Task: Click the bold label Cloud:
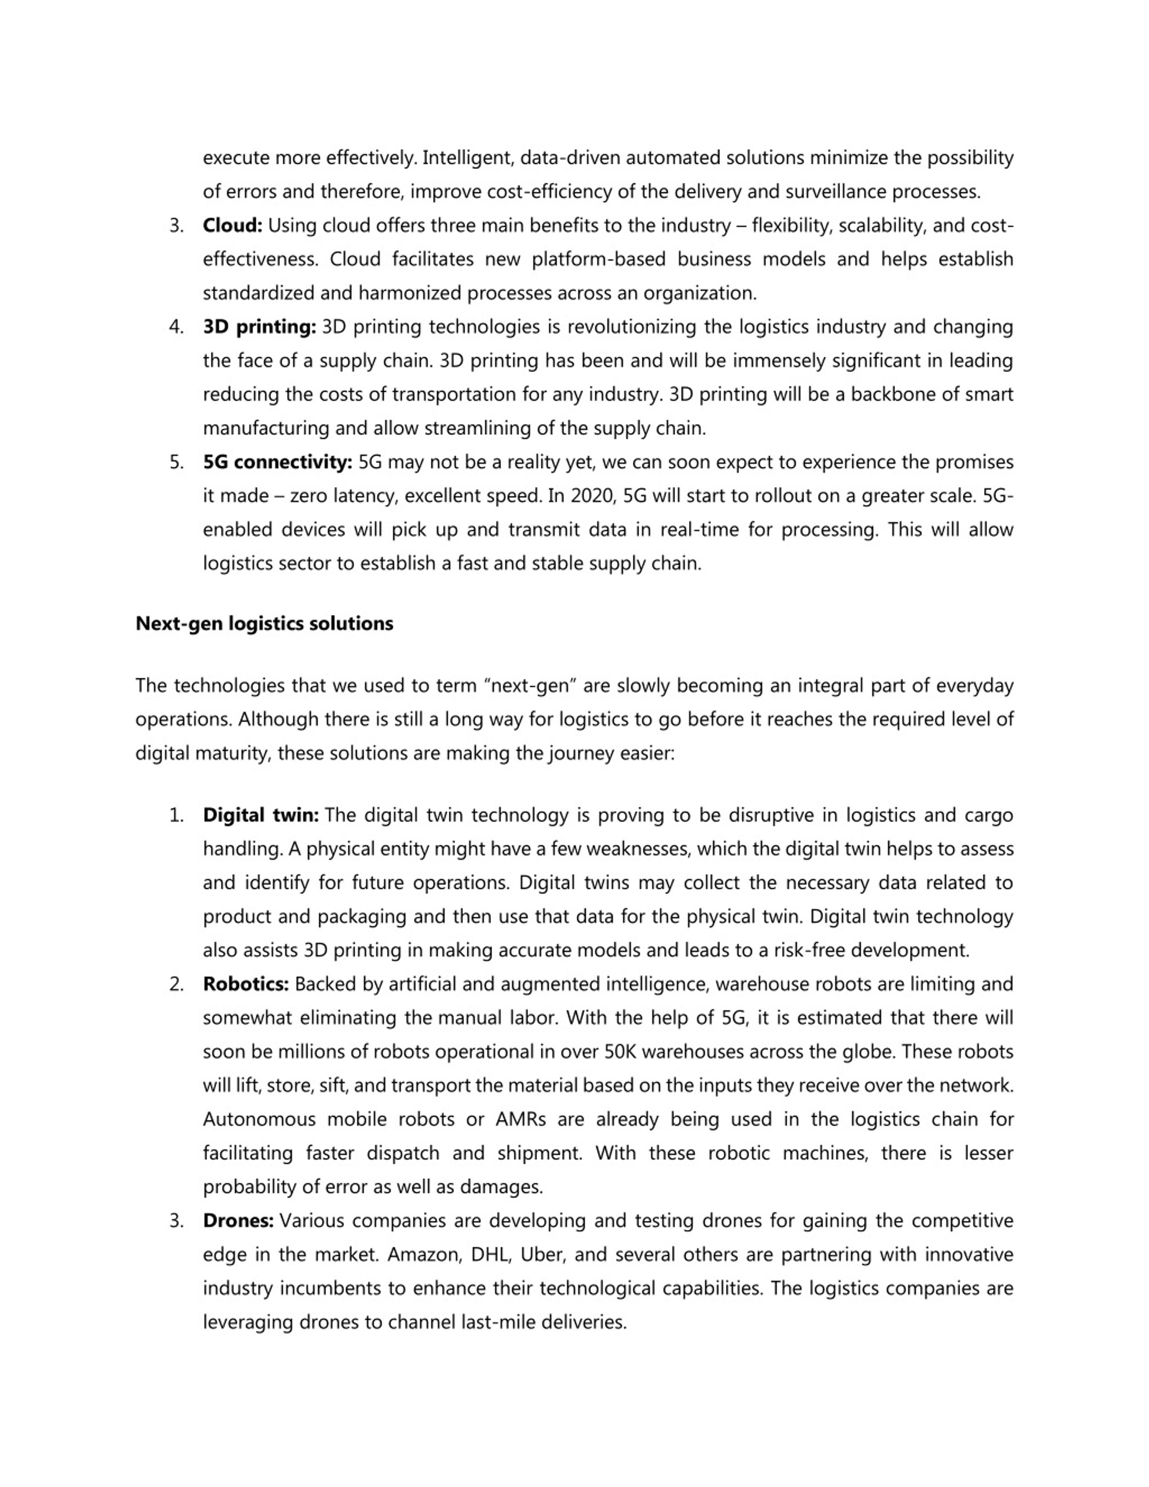(x=232, y=225)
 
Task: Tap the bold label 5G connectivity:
(x=277, y=462)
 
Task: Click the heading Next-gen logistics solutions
(x=264, y=624)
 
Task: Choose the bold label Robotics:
(x=246, y=984)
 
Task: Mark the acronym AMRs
(x=521, y=1120)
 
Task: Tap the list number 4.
(x=176, y=327)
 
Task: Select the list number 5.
(x=176, y=462)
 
